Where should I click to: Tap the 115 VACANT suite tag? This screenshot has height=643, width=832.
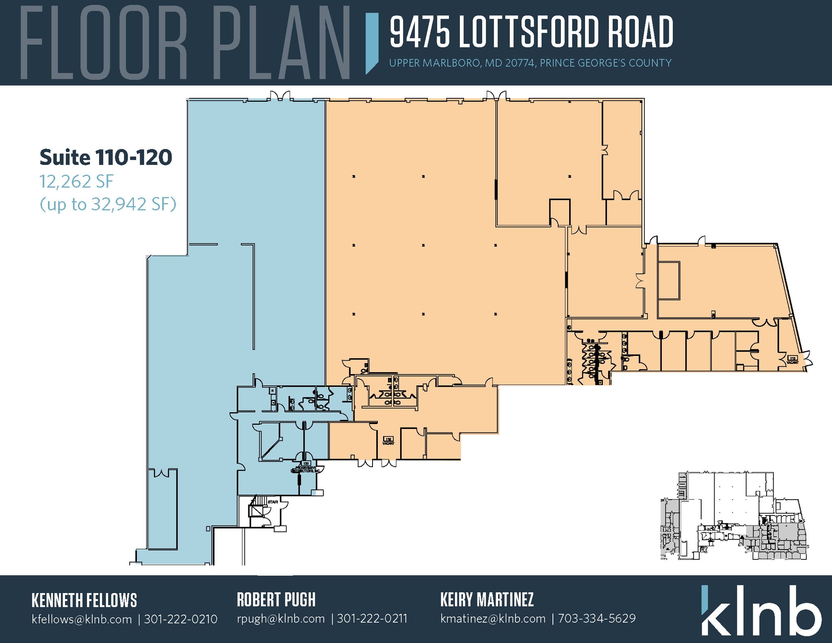tap(388, 441)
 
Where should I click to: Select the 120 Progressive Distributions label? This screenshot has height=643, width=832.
tap(305, 467)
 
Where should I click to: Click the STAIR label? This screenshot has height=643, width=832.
tap(273, 502)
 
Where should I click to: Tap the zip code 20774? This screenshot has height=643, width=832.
tap(520, 63)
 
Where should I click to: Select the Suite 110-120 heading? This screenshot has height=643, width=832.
tap(106, 158)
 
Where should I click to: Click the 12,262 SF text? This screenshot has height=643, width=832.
tap(76, 182)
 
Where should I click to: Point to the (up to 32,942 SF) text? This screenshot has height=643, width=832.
tap(108, 204)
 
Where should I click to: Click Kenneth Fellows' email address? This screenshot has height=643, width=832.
tap(82, 619)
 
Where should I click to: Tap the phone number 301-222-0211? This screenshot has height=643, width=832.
tap(372, 619)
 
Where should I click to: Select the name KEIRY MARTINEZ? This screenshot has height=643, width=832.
tap(487, 600)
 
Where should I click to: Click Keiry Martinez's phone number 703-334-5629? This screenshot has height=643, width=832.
tap(596, 619)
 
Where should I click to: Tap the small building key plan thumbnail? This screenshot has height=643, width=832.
tap(733, 516)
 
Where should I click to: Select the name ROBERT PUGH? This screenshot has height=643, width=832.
tap(276, 600)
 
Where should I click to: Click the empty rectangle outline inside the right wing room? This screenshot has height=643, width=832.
tap(669, 281)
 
